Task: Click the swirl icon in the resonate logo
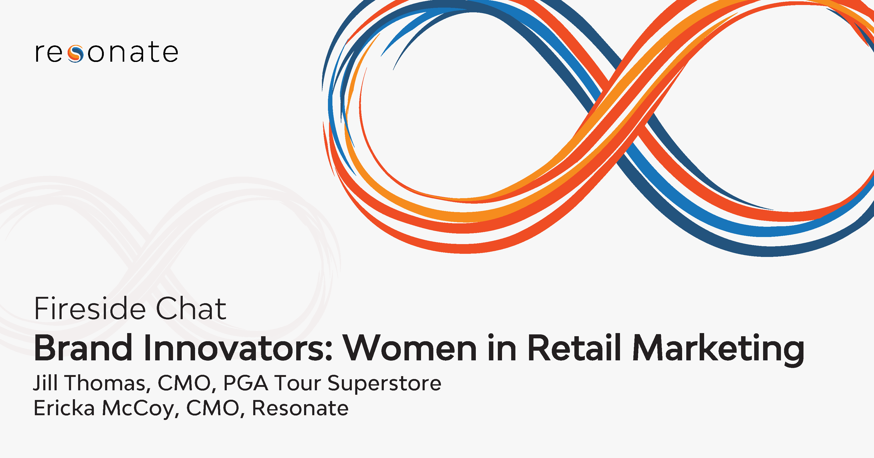tap(75, 53)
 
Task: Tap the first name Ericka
tap(64, 408)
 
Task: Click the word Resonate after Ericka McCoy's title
tap(300, 408)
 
